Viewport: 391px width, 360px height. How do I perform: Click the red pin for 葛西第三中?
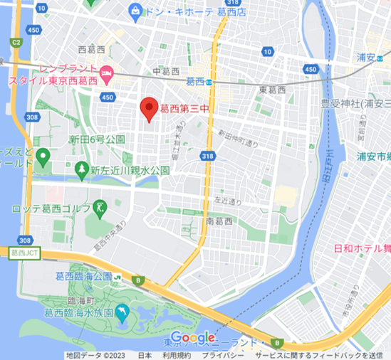tap(149, 107)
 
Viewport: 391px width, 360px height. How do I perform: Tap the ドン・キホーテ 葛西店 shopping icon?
tap(135, 11)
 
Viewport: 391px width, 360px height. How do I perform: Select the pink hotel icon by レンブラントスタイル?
tap(107, 71)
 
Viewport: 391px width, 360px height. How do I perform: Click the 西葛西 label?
tap(91, 49)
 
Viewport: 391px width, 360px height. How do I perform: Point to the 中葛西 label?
tap(167, 71)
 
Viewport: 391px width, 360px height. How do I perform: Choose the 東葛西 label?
tap(272, 90)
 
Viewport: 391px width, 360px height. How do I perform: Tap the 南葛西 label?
tap(219, 221)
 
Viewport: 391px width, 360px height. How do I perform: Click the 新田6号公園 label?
tap(98, 139)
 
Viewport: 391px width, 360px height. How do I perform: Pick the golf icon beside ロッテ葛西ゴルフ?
tap(100, 208)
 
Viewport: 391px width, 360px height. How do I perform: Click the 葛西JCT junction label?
tap(24, 252)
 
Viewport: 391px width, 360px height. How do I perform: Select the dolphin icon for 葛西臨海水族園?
tap(123, 312)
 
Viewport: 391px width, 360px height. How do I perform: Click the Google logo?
tap(193, 337)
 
